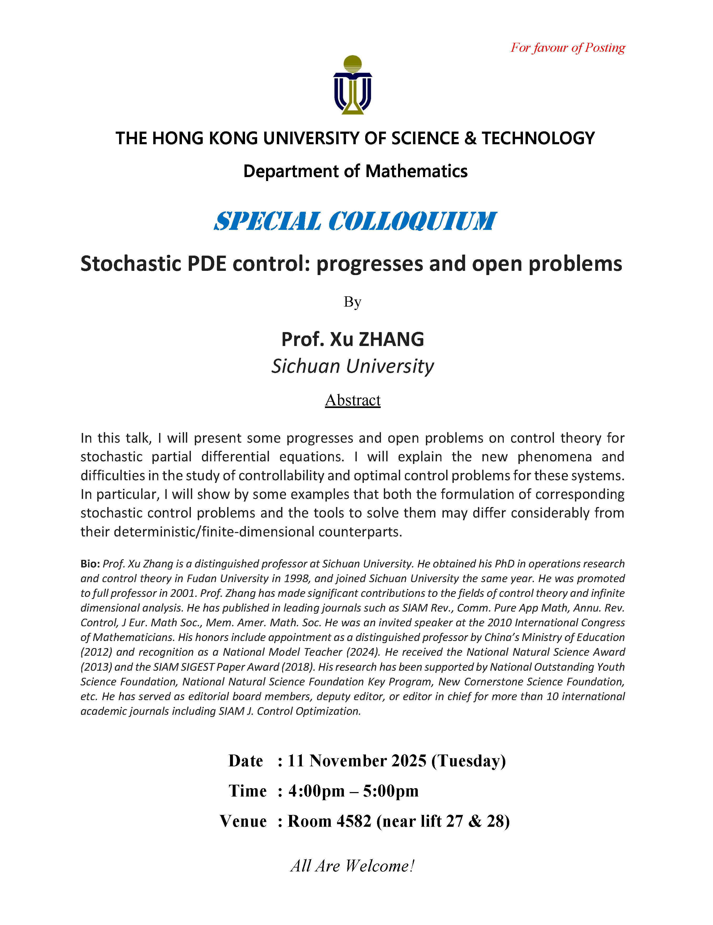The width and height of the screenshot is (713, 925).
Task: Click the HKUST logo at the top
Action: (353, 85)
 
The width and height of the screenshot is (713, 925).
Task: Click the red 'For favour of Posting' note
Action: (568, 48)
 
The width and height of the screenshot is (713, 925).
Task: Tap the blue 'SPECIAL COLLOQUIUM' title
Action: (355, 221)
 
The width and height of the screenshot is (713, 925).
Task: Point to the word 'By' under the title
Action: (352, 302)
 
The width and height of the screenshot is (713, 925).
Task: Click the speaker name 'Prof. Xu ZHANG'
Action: (353, 339)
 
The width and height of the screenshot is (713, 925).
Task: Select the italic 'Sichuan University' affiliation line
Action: (353, 366)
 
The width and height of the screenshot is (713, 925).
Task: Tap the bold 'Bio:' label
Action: (90, 564)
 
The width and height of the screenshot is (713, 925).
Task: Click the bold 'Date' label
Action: (246, 761)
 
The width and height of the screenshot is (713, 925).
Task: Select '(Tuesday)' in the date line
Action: (468, 761)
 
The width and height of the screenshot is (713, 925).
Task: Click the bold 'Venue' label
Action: (243, 821)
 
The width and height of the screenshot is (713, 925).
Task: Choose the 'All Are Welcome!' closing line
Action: (353, 866)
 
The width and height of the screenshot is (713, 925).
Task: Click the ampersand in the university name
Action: (470, 138)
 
